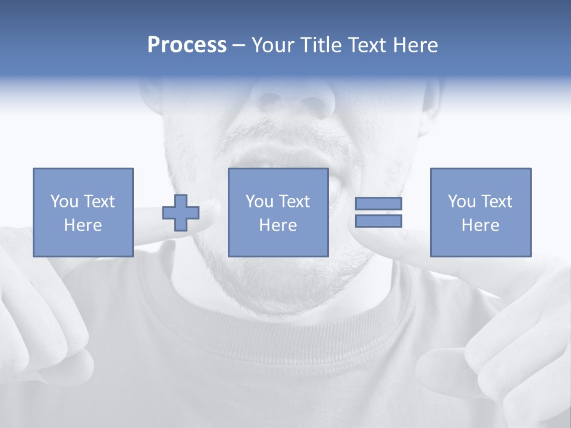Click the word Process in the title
click(187, 45)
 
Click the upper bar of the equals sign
click(378, 203)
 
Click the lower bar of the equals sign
click(378, 221)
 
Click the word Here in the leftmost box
click(83, 225)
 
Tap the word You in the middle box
click(259, 202)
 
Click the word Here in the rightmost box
click(480, 225)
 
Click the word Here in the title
click(415, 45)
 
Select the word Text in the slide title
click(369, 45)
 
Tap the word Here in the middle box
click(278, 225)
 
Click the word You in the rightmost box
click(462, 202)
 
